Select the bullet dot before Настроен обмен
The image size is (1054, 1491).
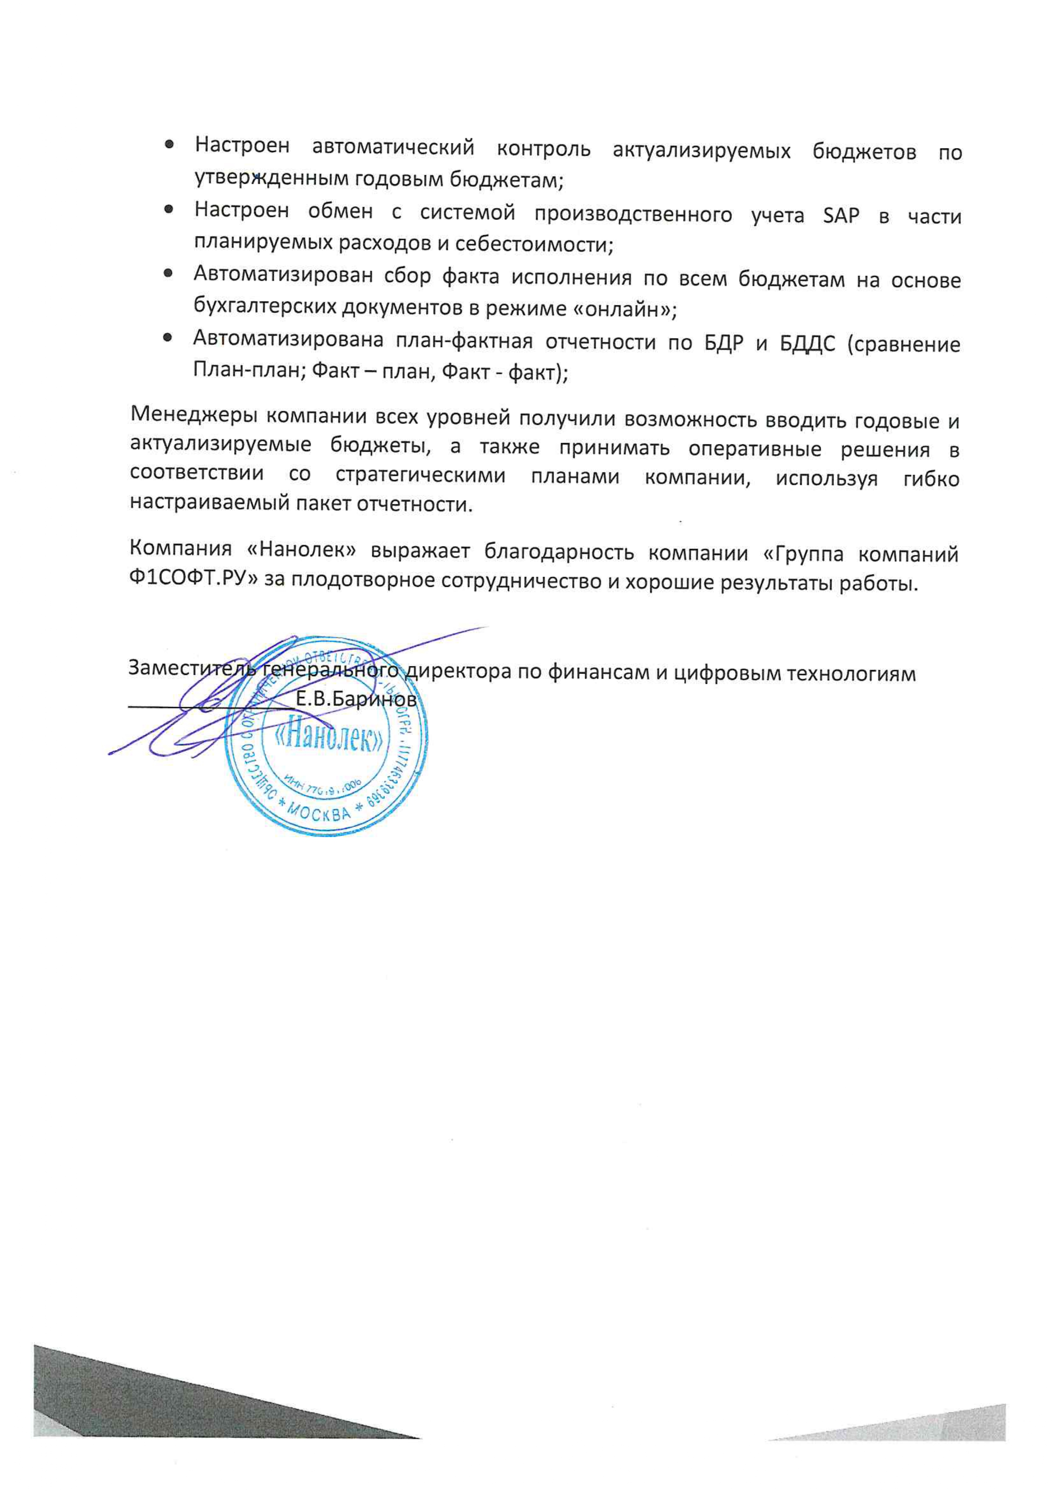pos(168,210)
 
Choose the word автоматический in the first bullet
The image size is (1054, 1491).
pos(393,149)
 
